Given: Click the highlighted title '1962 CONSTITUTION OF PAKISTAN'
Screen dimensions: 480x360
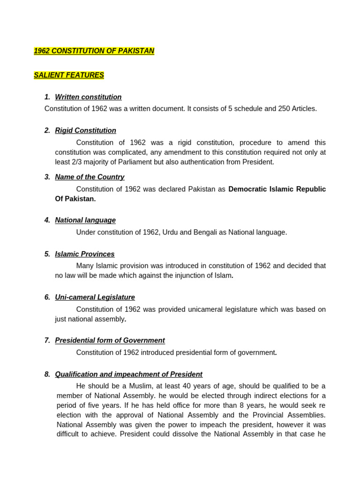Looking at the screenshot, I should tap(94, 51).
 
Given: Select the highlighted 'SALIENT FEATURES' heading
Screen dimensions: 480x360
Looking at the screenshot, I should tap(69, 75).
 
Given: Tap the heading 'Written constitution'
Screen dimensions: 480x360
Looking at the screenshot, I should tap(88, 97).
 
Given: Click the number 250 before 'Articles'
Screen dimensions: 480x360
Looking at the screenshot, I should tap(271, 109).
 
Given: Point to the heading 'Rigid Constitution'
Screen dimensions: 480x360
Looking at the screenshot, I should tap(85, 130).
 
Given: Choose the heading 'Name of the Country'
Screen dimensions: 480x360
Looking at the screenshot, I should tap(90, 177).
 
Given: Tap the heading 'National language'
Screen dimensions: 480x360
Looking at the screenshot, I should tap(85, 220).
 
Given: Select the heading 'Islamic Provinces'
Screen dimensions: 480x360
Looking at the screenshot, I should tap(84, 254).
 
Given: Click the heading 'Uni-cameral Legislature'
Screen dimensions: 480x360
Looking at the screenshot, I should tap(95, 297).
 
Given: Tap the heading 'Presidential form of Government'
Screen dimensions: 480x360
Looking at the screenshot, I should tap(110, 340).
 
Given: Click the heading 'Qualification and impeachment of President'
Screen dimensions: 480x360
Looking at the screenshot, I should tap(128, 375).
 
